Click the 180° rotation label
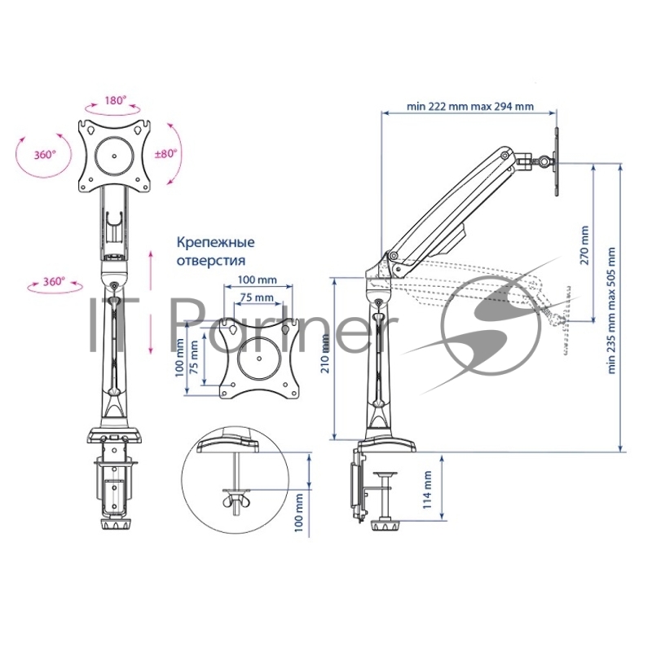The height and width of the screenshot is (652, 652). click(115, 100)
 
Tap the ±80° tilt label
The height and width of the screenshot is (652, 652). click(165, 153)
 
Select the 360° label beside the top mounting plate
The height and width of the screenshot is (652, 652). click(45, 155)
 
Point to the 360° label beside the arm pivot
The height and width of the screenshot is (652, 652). click(54, 281)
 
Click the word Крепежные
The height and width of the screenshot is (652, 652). click(215, 242)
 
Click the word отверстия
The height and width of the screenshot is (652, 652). click(211, 261)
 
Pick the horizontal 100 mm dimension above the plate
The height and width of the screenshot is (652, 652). click(257, 280)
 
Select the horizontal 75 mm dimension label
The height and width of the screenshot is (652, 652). click(257, 297)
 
